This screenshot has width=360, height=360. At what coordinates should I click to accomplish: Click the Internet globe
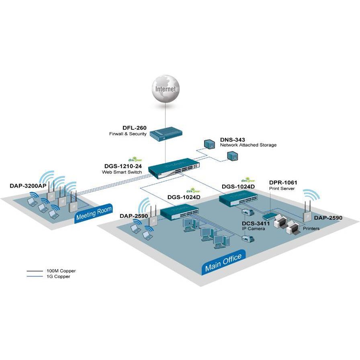[165, 89]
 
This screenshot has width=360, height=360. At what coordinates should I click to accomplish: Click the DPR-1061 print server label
[283, 182]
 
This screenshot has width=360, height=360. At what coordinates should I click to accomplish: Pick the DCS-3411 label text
[255, 223]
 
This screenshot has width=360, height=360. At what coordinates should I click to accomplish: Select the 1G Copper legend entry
[58, 276]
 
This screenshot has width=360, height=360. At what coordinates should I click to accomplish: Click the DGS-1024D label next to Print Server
[238, 187]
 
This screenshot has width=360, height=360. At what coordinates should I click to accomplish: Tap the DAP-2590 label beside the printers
[328, 218]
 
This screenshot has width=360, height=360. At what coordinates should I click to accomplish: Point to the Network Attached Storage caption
[248, 145]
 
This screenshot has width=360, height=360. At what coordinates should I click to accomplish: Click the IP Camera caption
[253, 229]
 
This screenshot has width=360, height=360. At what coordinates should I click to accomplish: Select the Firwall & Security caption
[128, 134]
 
